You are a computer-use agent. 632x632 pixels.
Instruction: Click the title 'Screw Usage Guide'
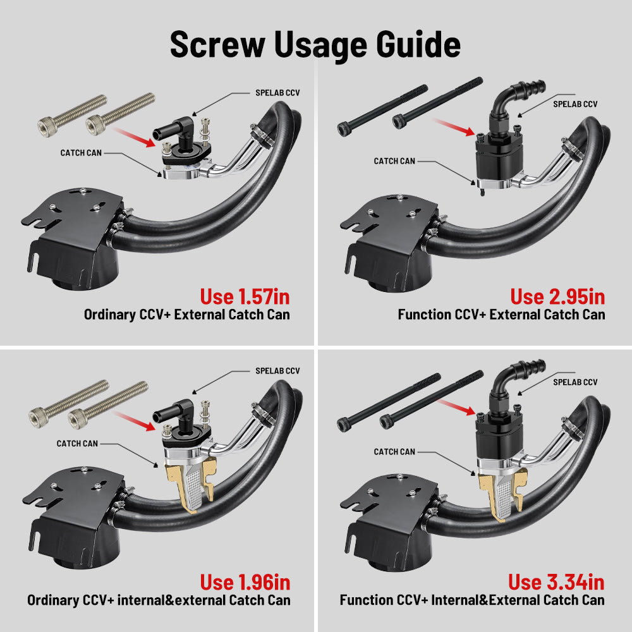(315, 45)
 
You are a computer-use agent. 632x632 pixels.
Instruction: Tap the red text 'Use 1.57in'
(245, 296)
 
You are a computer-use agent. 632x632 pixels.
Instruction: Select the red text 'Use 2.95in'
(557, 296)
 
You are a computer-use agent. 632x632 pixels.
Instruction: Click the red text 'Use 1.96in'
(245, 581)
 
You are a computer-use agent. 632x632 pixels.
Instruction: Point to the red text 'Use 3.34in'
(556, 581)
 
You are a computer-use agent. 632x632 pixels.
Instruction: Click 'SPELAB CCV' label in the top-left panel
(277, 93)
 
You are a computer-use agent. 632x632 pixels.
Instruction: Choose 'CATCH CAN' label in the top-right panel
(394, 161)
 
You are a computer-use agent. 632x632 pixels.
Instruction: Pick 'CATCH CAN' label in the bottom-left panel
(78, 444)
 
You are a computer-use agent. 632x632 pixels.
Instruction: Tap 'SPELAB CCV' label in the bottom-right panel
(575, 382)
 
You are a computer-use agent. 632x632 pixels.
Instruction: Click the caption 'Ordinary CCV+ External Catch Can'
(187, 314)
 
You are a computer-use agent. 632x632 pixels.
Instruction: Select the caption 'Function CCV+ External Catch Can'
(501, 314)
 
